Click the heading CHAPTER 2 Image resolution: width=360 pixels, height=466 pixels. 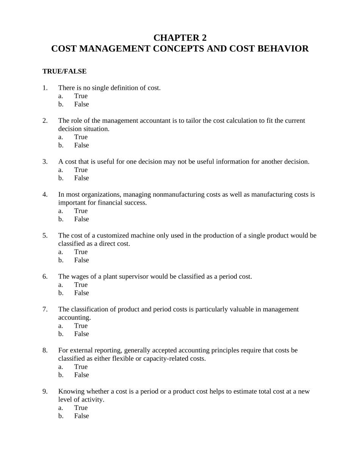pos(180,38)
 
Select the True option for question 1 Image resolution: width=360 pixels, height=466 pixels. pos(81,96)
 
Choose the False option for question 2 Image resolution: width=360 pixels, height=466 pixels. pos(81,145)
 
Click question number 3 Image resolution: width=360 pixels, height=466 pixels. pos(45,162)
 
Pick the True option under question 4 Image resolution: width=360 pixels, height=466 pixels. pos(81,211)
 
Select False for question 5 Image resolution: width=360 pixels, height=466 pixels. pos(81,260)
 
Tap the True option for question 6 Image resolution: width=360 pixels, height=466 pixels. pos(81,285)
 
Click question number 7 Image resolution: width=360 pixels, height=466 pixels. pos(45,310)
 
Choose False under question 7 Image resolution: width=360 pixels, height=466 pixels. pos(81,334)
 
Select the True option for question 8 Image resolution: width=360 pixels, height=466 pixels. pos(81,367)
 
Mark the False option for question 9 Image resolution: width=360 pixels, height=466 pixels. pos(81,416)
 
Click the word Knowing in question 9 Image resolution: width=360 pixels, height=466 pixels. pos(71,391)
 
